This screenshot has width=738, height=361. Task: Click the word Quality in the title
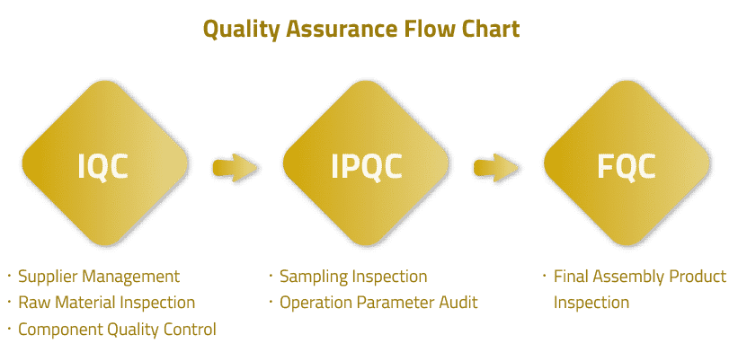(x=241, y=30)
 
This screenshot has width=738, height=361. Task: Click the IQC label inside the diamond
(x=102, y=166)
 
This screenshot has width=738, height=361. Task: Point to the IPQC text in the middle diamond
(x=367, y=166)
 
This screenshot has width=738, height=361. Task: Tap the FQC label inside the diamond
(x=627, y=166)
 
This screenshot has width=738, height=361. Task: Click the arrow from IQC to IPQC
(x=236, y=167)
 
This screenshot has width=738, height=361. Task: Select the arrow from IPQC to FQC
(x=496, y=167)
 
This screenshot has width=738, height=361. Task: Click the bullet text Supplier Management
(x=99, y=277)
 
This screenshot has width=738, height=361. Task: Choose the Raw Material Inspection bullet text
(x=106, y=303)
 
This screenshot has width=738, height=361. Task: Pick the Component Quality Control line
(x=117, y=330)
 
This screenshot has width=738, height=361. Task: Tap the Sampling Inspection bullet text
(x=353, y=277)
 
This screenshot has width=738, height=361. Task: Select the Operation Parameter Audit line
(x=378, y=303)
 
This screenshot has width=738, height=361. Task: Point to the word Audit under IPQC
(x=458, y=302)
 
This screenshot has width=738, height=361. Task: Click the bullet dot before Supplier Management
(x=9, y=274)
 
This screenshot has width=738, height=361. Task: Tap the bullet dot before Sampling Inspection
(x=271, y=274)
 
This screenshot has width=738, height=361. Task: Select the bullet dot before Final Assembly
(x=545, y=274)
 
